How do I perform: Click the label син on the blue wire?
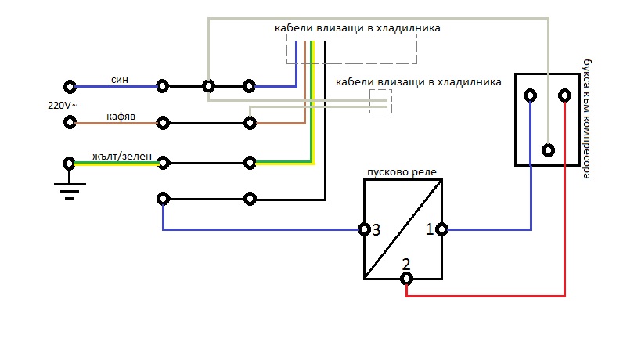click(x=120, y=79)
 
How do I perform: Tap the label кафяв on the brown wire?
click(x=121, y=116)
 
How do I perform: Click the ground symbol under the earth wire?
click(x=69, y=188)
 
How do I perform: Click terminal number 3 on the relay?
click(x=376, y=230)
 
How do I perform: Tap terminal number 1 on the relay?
click(x=429, y=230)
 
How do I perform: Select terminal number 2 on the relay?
click(x=405, y=263)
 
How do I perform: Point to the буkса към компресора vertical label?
click(x=588, y=117)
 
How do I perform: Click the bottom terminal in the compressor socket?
click(x=549, y=149)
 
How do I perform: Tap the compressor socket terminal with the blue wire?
click(x=531, y=95)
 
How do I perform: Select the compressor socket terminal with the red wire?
click(x=565, y=95)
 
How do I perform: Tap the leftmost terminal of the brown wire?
click(x=70, y=122)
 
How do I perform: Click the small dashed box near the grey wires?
click(x=380, y=101)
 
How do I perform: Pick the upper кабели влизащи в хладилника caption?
click(x=357, y=27)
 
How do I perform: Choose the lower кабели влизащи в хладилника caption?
click(x=418, y=81)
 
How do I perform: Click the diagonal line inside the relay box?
click(x=403, y=229)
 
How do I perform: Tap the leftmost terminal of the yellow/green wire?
click(x=70, y=164)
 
